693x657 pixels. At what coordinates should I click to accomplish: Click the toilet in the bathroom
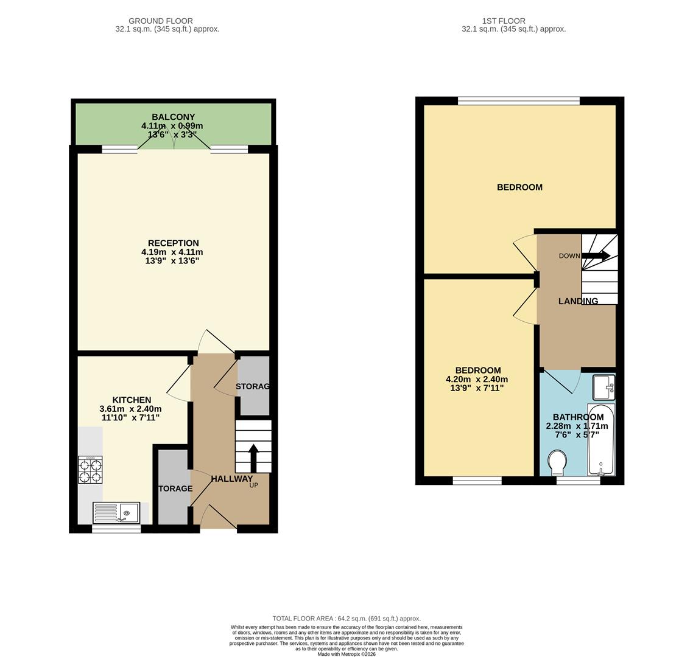click(557, 463)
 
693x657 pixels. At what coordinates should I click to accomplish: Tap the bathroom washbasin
click(603, 387)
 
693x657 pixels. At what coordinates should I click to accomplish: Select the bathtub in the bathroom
click(600, 439)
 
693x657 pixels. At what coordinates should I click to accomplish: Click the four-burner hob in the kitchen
click(90, 470)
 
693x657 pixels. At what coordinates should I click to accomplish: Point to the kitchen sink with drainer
click(116, 512)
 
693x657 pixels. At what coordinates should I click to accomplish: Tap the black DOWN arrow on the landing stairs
click(596, 256)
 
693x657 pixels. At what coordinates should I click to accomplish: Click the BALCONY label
click(174, 117)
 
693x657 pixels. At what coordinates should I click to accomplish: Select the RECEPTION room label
click(174, 243)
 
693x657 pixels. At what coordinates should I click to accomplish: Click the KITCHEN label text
click(132, 400)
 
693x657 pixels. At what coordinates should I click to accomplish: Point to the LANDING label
click(578, 301)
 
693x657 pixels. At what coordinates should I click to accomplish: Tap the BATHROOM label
click(578, 417)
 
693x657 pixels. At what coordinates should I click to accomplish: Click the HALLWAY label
click(231, 479)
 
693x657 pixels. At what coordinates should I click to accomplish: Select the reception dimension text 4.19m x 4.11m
click(172, 252)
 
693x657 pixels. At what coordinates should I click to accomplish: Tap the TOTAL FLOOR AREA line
click(346, 619)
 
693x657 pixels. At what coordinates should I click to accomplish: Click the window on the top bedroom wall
click(519, 101)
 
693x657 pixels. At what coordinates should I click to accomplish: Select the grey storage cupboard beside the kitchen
click(173, 487)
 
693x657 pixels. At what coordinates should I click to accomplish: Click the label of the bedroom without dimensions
click(519, 187)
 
